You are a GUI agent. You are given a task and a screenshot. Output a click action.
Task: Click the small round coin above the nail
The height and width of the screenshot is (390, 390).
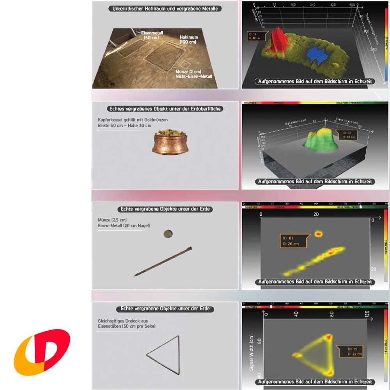coord(168,234)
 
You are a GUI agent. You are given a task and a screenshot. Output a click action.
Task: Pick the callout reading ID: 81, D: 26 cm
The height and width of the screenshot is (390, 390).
coord(293,241)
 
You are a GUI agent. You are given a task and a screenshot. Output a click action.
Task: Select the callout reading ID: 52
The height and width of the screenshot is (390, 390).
coord(346,135)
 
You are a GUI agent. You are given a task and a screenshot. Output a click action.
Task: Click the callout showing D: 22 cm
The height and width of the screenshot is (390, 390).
coord(350,351)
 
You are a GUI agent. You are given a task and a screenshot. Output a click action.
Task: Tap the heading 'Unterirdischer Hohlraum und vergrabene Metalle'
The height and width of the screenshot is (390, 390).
coord(165,8)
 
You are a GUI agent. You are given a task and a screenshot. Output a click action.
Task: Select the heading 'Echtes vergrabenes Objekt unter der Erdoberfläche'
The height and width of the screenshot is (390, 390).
coord(165,109)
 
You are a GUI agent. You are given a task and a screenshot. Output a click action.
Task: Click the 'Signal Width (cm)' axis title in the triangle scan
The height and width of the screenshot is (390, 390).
coord(252,353)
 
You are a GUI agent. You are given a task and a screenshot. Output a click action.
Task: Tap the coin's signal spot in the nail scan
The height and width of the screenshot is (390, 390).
coord(319,234)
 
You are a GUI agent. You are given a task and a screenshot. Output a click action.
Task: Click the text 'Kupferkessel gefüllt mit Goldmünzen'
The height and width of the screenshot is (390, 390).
coord(133,120)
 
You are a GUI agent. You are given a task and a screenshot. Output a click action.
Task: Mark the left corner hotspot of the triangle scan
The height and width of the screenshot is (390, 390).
coord(297,355)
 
